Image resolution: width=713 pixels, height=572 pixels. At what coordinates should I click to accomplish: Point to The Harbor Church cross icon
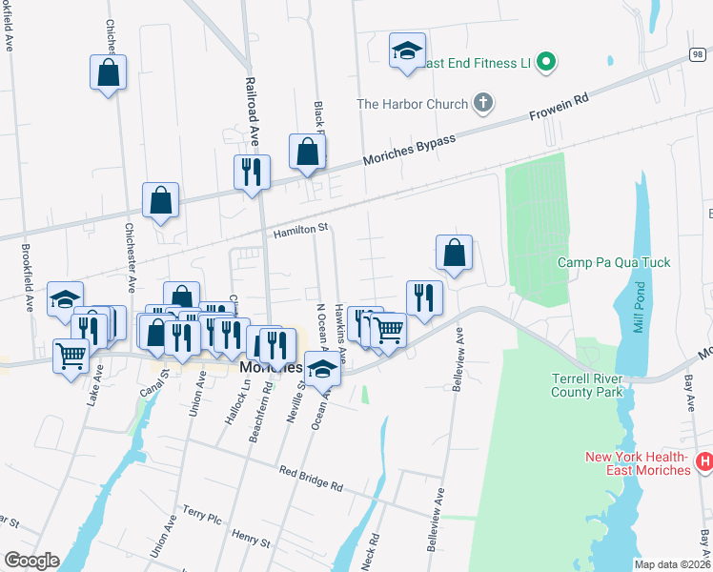pyautogui.click(x=483, y=103)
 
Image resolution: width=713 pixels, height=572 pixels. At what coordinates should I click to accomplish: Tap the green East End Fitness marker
pyautogui.click(x=545, y=63)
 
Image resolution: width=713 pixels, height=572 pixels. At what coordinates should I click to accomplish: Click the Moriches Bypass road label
pyautogui.click(x=411, y=151)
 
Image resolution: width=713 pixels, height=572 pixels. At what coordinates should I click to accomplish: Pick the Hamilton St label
pyautogui.click(x=300, y=229)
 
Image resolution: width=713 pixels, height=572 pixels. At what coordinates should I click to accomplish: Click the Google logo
pyautogui.click(x=31, y=561)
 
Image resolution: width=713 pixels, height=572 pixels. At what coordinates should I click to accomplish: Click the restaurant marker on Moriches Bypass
pyautogui.click(x=253, y=172)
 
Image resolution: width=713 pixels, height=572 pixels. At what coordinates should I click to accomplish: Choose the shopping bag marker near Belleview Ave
pyautogui.click(x=455, y=253)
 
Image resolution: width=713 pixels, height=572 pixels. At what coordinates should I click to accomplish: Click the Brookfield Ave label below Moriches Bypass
pyautogui.click(x=28, y=277)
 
